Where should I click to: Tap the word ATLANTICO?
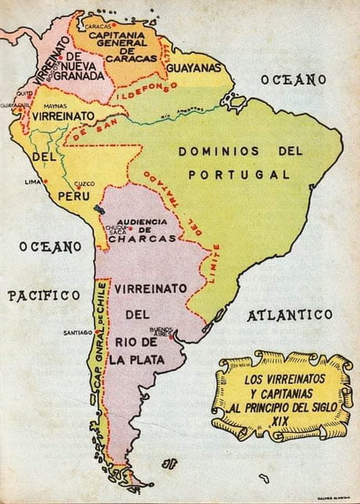pos(290,315)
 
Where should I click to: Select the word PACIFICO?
pos(44,295)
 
